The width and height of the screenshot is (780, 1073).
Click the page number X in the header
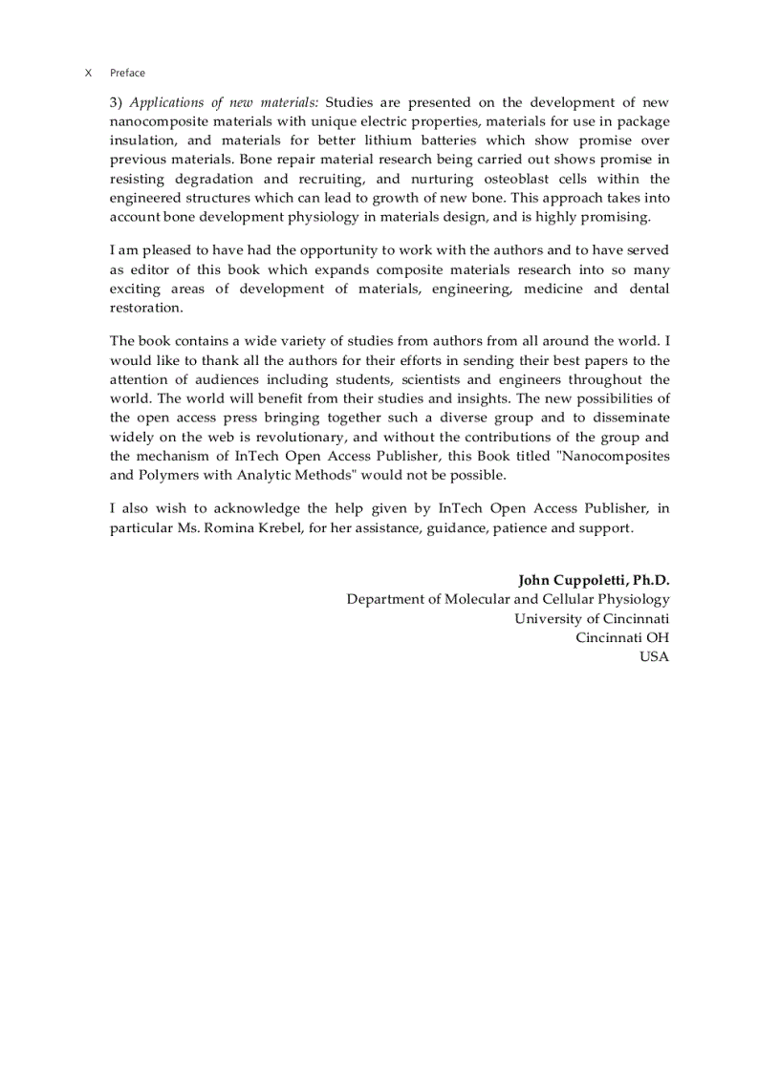coord(88,73)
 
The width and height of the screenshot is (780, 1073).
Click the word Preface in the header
coord(127,73)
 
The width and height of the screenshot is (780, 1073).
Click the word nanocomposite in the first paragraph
coord(156,121)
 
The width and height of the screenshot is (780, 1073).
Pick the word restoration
coord(145,308)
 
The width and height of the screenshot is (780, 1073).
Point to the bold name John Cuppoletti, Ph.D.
coord(594,580)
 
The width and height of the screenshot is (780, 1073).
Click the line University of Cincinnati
coord(592,618)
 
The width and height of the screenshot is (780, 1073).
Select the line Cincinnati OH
coord(622,637)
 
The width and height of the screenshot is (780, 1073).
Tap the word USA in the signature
coord(654,656)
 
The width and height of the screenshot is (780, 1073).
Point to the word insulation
coord(142,140)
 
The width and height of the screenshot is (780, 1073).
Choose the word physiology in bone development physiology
coord(321,217)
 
